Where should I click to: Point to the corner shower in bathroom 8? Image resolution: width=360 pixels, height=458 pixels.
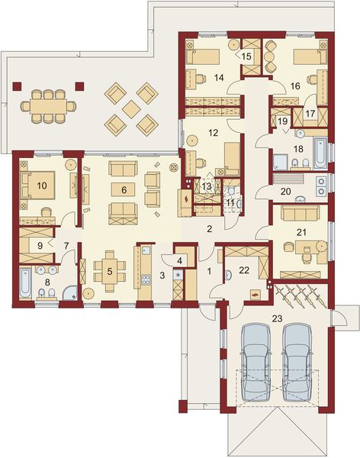69,289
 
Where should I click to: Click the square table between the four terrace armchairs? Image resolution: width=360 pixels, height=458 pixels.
132,108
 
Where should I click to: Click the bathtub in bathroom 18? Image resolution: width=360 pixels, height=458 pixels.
319,153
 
